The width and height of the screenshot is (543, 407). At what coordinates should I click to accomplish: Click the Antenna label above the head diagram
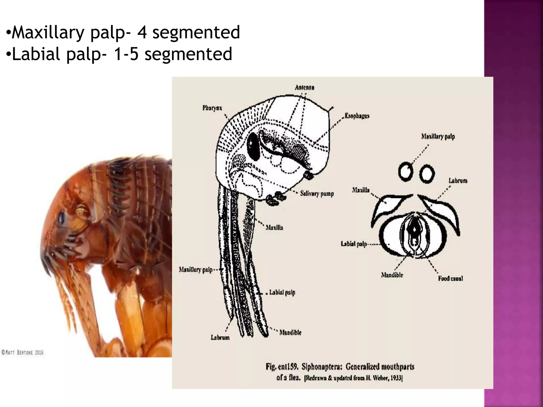(x=304, y=87)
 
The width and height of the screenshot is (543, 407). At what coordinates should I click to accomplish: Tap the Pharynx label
(x=212, y=108)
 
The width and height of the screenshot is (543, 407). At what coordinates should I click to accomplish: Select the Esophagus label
(x=357, y=116)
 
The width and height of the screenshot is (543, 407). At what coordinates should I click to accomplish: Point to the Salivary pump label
(x=317, y=194)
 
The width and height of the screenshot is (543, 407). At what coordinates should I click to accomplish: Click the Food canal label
(x=450, y=278)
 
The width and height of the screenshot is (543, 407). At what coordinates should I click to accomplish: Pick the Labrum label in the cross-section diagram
(x=458, y=181)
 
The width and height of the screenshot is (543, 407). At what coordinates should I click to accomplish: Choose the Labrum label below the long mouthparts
(x=220, y=337)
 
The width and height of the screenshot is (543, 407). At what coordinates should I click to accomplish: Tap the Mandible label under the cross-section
(x=392, y=275)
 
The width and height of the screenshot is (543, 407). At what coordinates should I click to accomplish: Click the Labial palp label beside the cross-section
(x=354, y=244)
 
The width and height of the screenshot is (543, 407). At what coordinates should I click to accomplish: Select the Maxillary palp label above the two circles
(x=438, y=137)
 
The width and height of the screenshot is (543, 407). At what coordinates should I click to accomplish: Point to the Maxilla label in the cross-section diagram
(x=361, y=190)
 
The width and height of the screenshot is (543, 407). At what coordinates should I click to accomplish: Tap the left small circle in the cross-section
(x=405, y=172)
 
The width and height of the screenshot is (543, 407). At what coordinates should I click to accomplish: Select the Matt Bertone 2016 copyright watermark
(x=22, y=352)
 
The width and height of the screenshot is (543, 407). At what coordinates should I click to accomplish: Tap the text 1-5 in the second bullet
(x=126, y=54)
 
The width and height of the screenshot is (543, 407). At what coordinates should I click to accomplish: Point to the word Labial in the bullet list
(x=36, y=54)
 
